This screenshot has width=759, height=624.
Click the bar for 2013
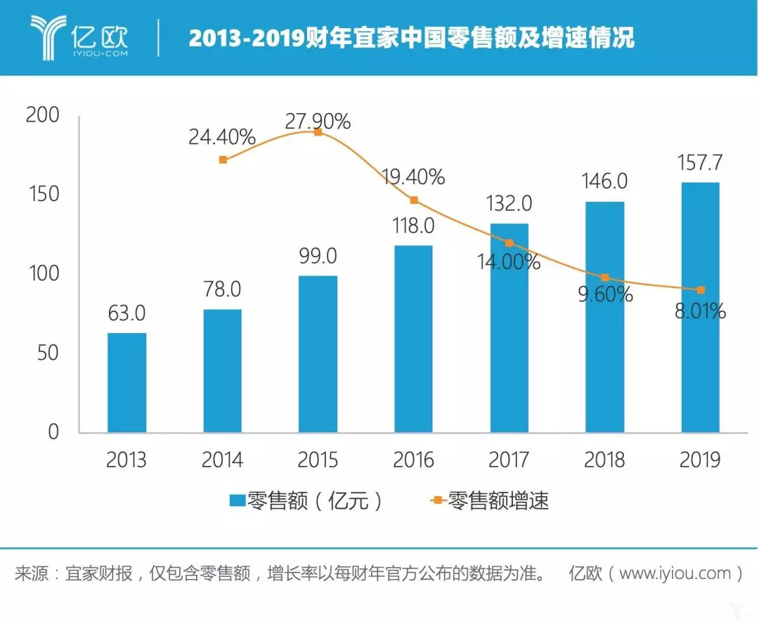126,382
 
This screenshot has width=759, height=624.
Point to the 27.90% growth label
318,122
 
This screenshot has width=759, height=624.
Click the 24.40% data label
221,138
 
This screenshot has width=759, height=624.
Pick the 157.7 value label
700,164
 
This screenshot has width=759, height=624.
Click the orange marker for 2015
318,132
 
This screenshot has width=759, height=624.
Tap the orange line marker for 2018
605,278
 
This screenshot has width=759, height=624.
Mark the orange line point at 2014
223,160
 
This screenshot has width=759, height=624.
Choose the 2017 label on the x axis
509,460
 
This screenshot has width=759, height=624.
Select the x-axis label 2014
222,460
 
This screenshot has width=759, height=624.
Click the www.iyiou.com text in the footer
675,573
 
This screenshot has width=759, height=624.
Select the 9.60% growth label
605,294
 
